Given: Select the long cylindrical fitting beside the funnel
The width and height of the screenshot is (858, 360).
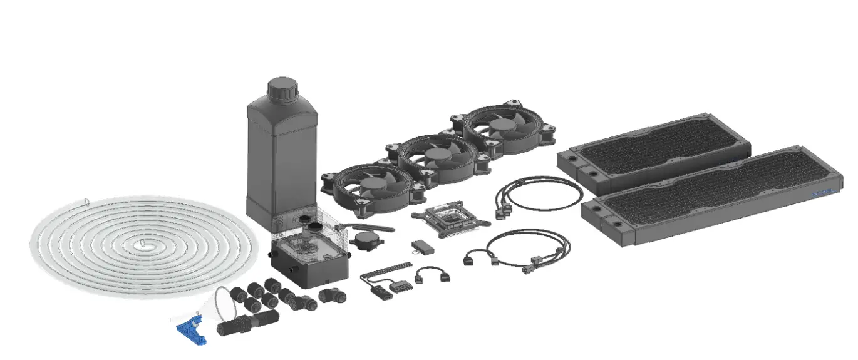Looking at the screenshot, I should pos(241,325).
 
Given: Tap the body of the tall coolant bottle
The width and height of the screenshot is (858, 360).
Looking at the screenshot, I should pos(279,157).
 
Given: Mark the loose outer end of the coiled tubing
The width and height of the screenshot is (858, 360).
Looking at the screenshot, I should pos(86,202).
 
